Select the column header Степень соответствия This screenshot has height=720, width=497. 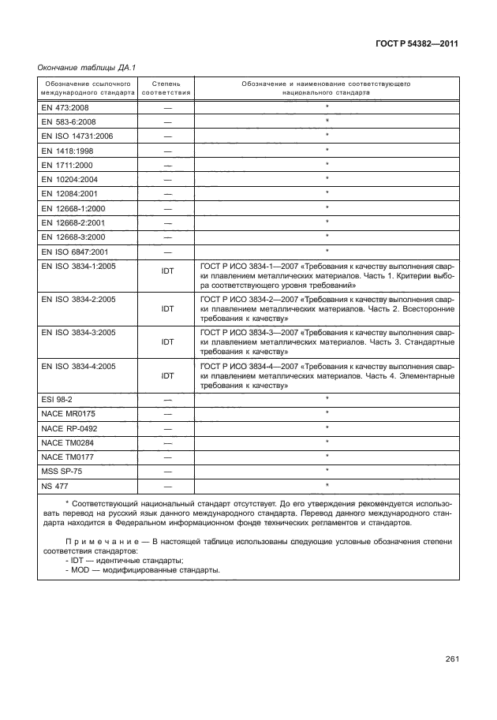[x=166, y=87]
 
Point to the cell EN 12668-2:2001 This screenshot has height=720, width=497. [x=73, y=222]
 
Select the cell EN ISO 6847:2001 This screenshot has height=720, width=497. [x=75, y=252]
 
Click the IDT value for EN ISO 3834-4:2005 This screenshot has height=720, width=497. [x=167, y=376]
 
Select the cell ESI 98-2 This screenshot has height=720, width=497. [x=56, y=400]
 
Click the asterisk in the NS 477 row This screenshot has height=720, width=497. [x=327, y=484]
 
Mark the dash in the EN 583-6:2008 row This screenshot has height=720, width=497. [x=167, y=121]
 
